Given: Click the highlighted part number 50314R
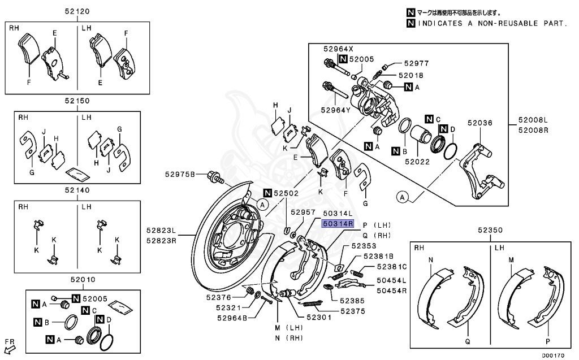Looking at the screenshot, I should point(338,223).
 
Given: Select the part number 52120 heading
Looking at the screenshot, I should point(78,11).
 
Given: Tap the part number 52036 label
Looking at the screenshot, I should point(479,123).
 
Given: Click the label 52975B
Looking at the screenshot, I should point(180,174).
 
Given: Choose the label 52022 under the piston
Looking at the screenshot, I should point(417,162).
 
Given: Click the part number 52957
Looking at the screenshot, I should point(303,212).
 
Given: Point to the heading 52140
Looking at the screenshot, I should point(78,190).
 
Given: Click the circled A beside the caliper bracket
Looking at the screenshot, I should point(401,197).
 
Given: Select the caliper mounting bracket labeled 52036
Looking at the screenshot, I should point(478,170).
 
